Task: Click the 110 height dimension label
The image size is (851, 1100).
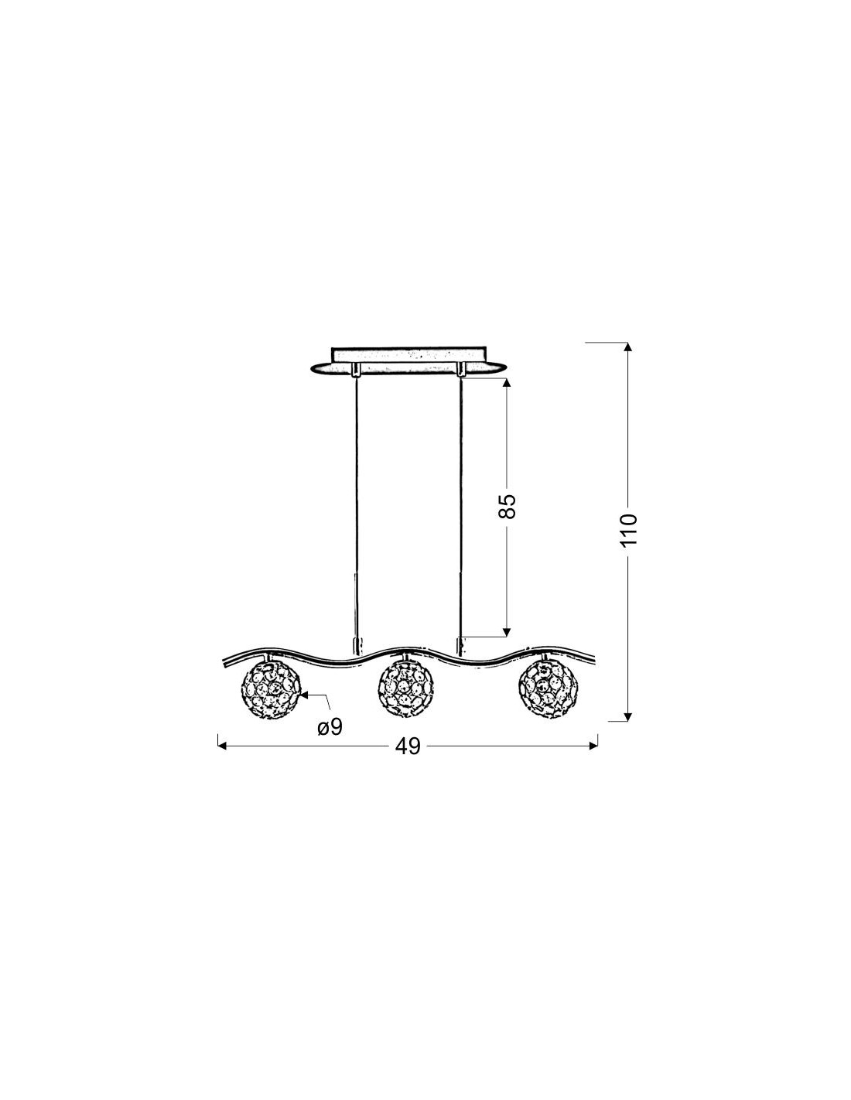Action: (627, 529)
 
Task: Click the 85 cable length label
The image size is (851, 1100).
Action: (506, 506)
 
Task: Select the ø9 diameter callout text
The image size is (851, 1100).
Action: (330, 727)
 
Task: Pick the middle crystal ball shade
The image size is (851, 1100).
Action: (405, 688)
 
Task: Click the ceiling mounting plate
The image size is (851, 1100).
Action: (408, 361)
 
